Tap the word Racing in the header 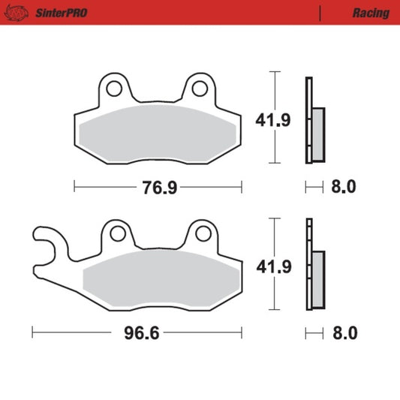click(x=370, y=13)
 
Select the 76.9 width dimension click(x=159, y=188)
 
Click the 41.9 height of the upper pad click(x=295, y=119)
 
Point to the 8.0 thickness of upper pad click(x=343, y=188)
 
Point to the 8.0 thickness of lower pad click(x=343, y=332)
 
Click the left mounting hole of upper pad click(x=114, y=89)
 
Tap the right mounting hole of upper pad click(x=199, y=89)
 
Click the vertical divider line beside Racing click(x=320, y=13)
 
